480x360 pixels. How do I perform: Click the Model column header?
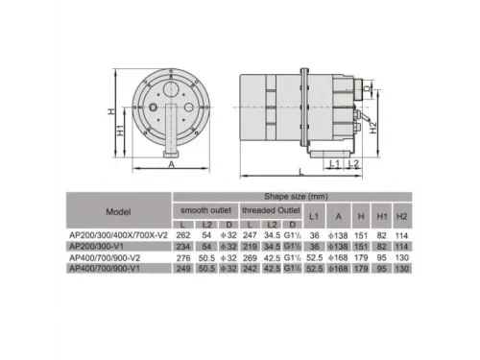[x=118, y=212]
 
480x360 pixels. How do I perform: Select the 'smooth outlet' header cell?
[x=203, y=208]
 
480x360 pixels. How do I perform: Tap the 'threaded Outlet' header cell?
[x=271, y=208]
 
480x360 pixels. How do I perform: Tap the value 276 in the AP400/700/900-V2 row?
[x=182, y=257]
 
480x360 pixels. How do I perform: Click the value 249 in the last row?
[x=182, y=269]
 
